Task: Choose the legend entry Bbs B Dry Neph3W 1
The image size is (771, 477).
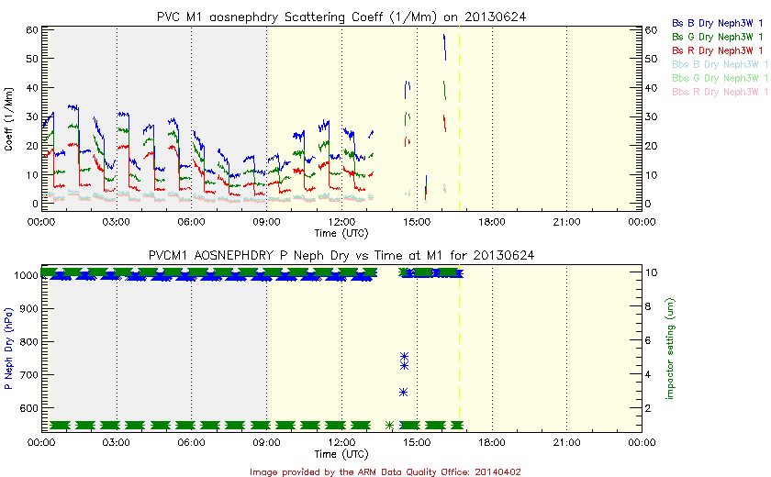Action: click(x=721, y=64)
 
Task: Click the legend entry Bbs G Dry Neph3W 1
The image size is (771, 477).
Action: click(x=721, y=78)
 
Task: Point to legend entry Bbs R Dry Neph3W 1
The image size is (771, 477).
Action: click(x=721, y=93)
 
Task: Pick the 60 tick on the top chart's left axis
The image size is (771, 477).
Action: click(x=30, y=30)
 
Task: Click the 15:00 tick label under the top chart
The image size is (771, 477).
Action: click(x=417, y=221)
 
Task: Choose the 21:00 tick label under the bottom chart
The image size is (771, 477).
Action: click(x=566, y=441)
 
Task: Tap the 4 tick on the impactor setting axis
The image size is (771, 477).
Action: click(x=649, y=374)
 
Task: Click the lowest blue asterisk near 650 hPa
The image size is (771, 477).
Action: click(x=404, y=392)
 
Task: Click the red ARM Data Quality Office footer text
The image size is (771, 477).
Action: click(x=385, y=471)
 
